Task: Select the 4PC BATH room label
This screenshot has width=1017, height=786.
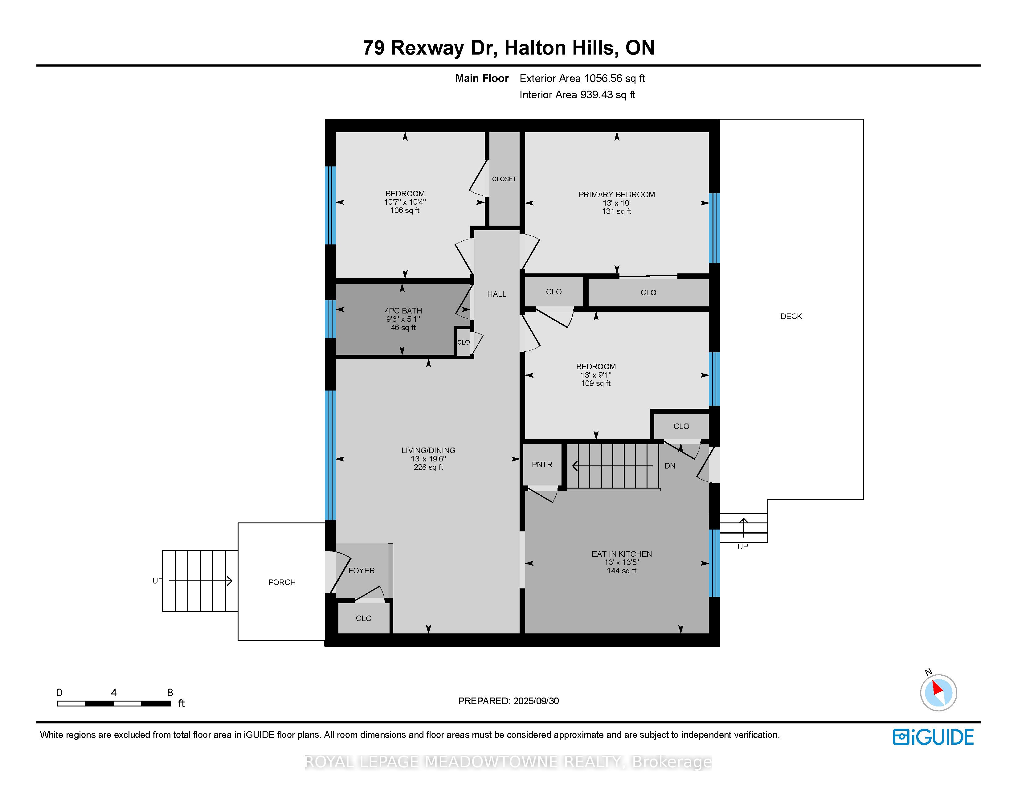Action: [403, 311]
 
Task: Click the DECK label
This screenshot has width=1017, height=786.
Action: [791, 316]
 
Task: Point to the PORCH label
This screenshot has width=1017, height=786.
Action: [282, 582]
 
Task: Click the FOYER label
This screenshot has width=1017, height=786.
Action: [361, 571]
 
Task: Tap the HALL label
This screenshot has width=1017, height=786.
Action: [496, 294]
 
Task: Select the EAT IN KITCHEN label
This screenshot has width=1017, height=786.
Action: [621, 554]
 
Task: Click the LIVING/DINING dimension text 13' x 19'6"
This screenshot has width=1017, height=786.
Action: [428, 459]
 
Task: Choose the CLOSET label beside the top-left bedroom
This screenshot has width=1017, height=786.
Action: [504, 179]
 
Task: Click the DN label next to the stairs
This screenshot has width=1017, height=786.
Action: [670, 466]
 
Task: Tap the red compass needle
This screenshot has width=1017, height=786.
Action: [937, 687]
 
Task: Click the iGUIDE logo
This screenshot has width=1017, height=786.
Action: [933, 737]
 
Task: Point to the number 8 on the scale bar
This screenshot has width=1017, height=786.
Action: [170, 692]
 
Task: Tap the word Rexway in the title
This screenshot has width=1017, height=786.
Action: [427, 48]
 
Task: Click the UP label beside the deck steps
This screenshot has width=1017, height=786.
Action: [742, 547]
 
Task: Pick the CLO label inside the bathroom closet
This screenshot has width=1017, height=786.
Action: [463, 342]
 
